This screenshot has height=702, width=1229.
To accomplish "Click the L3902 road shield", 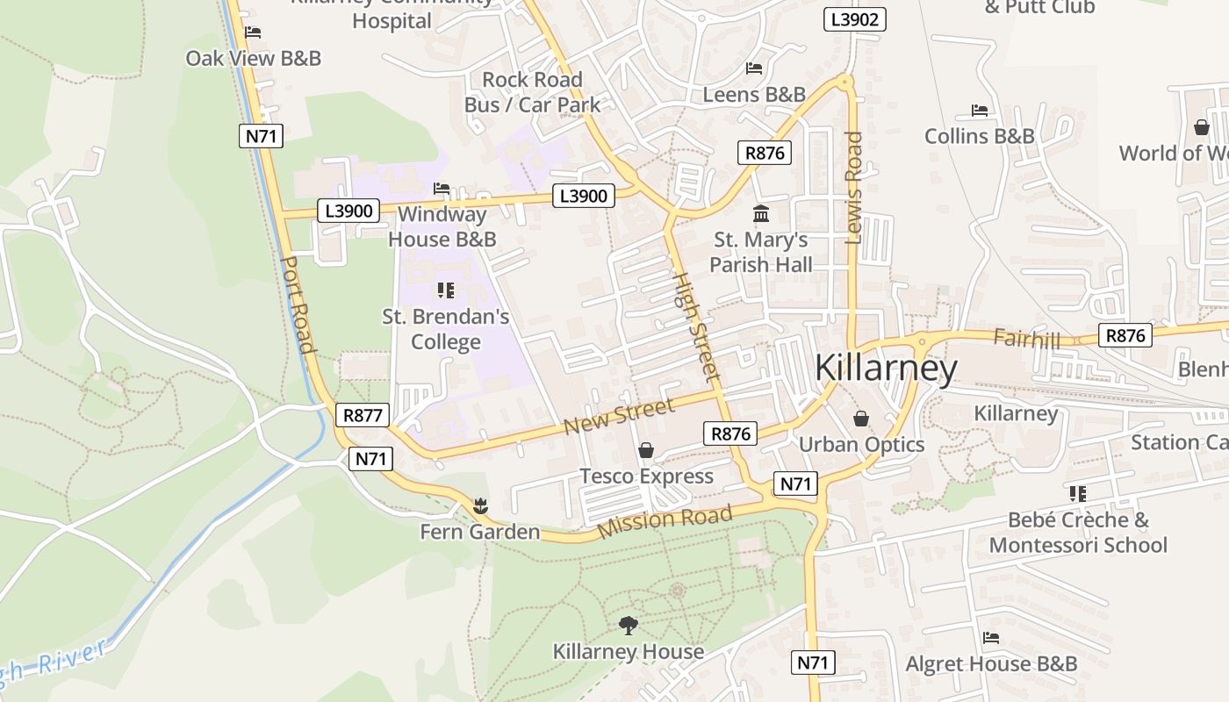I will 854,19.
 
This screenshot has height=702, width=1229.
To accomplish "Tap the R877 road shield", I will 362,415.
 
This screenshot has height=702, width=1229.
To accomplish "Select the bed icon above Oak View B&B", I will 253,32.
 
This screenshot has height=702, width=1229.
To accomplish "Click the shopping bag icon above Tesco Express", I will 646,450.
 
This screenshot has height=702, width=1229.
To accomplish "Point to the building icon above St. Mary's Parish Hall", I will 760,213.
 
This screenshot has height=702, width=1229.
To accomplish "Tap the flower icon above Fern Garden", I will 479,505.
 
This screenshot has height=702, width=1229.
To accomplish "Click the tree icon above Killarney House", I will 628,625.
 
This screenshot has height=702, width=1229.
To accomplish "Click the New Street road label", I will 619,414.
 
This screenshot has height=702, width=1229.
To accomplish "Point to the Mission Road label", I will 665,521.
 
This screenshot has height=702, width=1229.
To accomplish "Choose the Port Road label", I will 298,304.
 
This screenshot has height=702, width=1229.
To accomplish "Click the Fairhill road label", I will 1027,338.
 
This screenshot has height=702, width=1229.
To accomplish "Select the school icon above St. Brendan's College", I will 445,290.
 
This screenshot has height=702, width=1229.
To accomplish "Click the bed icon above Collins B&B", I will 980,111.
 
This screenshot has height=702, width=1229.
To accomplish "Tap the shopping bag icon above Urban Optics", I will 860,419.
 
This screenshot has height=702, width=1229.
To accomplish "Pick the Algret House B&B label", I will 991,663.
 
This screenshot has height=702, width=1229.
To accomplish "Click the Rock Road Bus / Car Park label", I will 532,92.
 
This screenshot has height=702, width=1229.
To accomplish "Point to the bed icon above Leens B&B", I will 754,68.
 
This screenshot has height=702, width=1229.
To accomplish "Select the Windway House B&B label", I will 442,226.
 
